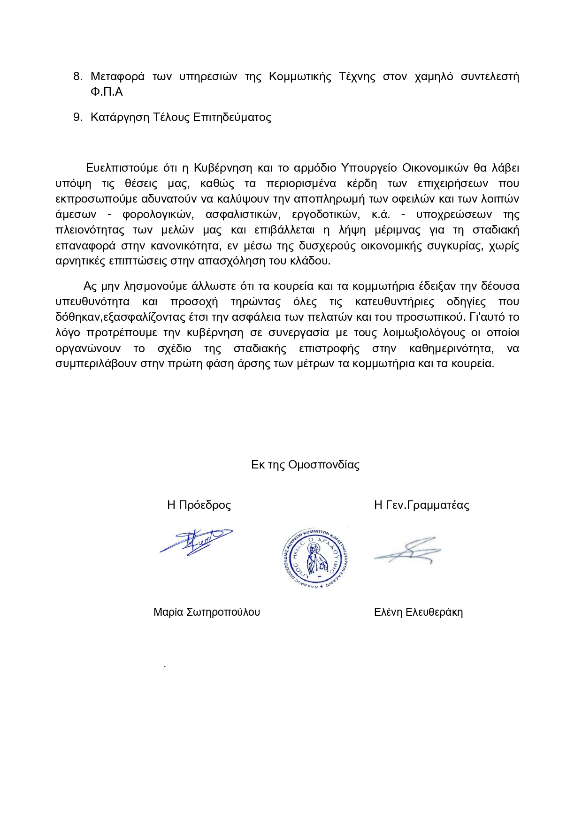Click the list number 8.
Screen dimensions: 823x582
(77, 76)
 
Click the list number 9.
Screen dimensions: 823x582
(77, 117)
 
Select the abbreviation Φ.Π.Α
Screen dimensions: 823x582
(107, 92)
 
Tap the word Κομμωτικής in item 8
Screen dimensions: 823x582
(300, 76)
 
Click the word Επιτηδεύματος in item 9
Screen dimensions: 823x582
(232, 117)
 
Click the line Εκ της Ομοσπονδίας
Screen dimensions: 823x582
(305, 465)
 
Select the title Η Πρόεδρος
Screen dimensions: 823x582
(199, 505)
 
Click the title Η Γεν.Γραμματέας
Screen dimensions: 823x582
(421, 505)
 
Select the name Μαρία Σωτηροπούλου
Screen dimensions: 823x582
(207, 612)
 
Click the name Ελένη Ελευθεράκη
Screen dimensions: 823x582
(418, 612)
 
